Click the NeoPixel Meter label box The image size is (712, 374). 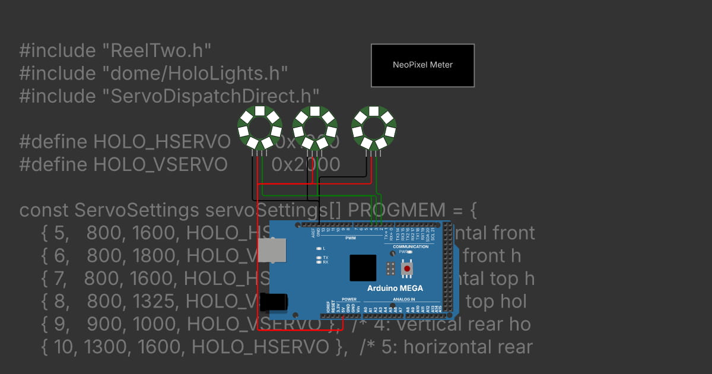[x=422, y=65]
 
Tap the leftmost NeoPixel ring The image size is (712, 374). [x=259, y=127]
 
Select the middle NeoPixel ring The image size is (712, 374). [x=314, y=127]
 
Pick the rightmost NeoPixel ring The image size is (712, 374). [x=374, y=127]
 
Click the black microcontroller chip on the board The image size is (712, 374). [x=363, y=268]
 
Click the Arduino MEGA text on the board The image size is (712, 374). [x=395, y=289]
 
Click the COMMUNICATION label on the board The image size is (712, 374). [x=411, y=246]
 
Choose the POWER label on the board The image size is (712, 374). [x=349, y=299]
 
